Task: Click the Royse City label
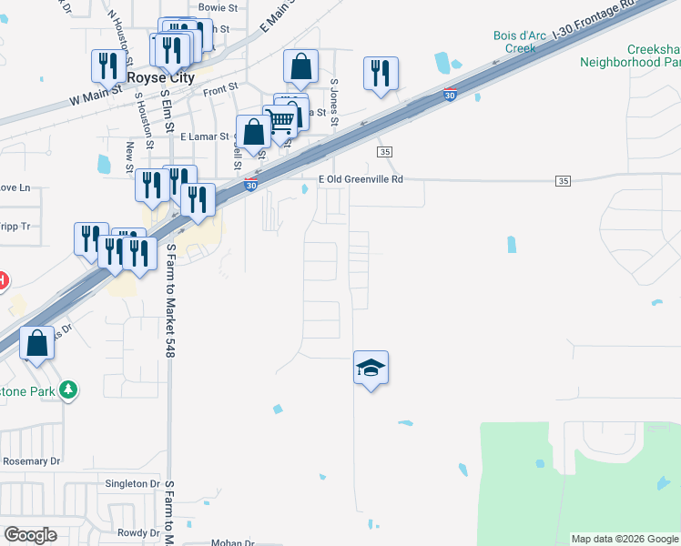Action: click(160, 78)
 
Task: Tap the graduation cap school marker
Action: click(371, 368)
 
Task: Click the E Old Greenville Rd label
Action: click(360, 179)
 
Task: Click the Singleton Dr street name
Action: click(132, 483)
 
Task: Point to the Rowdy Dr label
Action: click(138, 532)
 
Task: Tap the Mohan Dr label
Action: click(232, 542)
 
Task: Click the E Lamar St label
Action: click(206, 136)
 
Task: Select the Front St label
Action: click(220, 90)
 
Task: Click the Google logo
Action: click(31, 535)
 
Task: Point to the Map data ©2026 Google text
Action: click(624, 539)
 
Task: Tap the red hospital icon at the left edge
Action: click(3, 280)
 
